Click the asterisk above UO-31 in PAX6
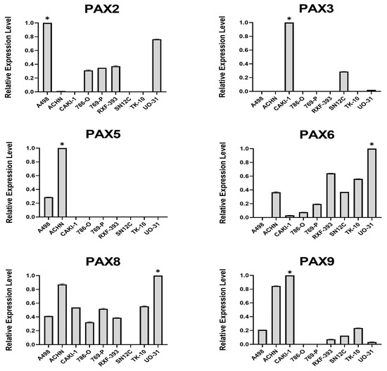[372, 144]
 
